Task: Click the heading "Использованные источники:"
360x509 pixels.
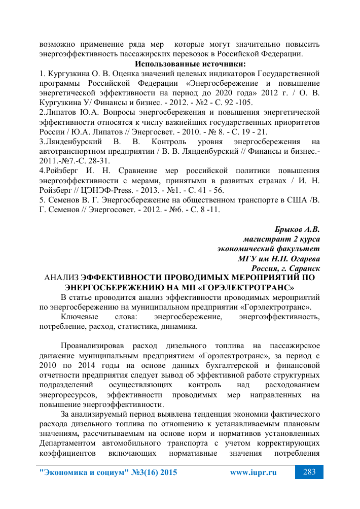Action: (190, 64)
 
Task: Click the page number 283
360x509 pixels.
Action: (309, 472)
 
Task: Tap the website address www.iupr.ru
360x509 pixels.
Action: (253, 472)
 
